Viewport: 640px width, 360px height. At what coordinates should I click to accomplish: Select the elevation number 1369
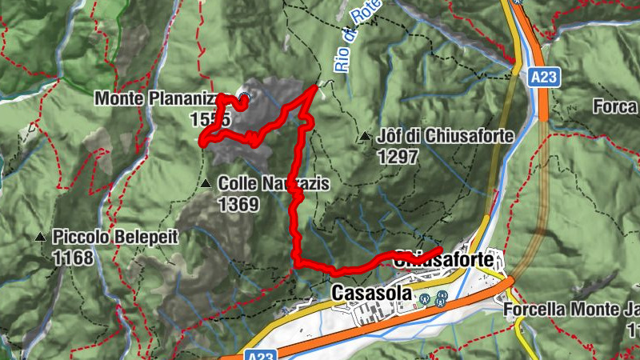tap(238, 205)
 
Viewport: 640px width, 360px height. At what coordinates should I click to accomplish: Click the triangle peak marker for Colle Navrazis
tap(206, 184)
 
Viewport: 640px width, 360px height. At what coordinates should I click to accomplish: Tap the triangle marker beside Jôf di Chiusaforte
tap(366, 136)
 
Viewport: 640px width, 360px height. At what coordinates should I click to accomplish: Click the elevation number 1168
tap(73, 258)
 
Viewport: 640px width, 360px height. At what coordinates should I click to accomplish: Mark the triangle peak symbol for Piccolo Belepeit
tap(40, 237)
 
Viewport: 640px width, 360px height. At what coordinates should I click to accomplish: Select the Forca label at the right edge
tap(614, 106)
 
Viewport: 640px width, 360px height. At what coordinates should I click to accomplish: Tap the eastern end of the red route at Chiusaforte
tap(441, 250)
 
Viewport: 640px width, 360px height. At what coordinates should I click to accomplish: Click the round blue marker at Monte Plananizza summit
tap(243, 98)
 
